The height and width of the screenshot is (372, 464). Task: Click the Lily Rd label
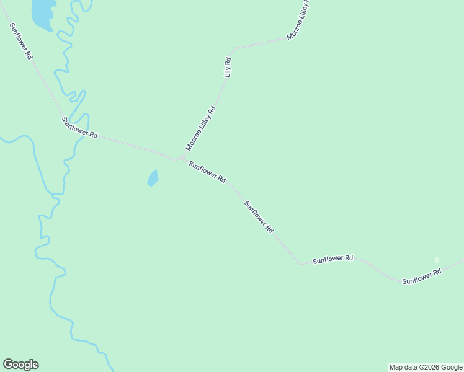point(228,67)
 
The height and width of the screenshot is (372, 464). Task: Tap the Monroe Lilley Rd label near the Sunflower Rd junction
point(200,128)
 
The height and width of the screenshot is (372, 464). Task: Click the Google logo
point(20,365)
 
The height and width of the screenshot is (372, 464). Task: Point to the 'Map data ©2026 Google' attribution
point(426,367)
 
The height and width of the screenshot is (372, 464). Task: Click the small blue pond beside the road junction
point(153,179)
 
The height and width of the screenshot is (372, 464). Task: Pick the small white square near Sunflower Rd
point(437,259)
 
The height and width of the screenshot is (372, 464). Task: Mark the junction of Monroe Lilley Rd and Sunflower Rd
point(182,159)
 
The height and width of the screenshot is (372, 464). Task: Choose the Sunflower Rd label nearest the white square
point(421,277)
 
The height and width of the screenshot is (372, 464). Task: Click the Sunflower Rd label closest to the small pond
point(207,172)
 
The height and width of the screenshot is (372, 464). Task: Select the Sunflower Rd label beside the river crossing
point(80,126)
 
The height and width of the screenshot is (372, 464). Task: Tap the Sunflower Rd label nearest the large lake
point(20,40)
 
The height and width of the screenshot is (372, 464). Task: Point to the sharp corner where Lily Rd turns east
point(234,48)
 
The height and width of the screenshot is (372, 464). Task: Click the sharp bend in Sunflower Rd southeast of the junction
point(300,263)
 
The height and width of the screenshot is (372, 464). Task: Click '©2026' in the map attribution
point(427,367)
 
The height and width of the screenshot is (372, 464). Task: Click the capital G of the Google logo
point(8,364)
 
